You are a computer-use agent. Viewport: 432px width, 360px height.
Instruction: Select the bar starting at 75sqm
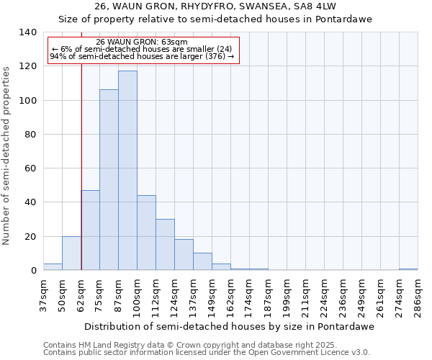tap(109, 180)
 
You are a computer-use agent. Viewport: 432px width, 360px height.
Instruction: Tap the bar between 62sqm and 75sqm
tap(90, 230)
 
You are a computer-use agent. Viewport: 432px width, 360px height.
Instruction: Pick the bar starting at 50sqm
tap(71, 253)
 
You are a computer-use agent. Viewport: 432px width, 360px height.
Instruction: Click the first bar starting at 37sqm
tap(53, 267)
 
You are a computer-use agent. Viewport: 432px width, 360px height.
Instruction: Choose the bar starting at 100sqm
tap(146, 233)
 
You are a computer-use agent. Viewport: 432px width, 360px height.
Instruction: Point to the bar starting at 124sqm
tap(184, 255)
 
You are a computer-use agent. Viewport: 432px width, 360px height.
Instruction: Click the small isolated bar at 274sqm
tap(408, 269)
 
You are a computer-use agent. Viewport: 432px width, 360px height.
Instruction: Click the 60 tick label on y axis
tap(30, 168)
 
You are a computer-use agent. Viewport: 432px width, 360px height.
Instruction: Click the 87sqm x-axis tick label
tap(118, 296)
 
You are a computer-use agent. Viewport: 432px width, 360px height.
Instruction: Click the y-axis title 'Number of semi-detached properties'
tap(7, 156)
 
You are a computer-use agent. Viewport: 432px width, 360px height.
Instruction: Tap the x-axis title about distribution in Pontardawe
tap(234, 326)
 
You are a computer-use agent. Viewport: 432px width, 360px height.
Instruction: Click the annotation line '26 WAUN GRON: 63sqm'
tap(142, 42)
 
